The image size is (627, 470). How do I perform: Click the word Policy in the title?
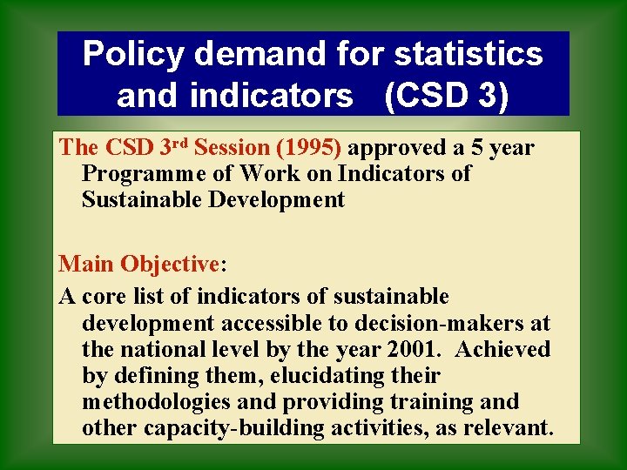[x=133, y=55]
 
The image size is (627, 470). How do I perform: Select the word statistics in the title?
[x=469, y=55]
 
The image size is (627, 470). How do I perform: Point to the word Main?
[x=86, y=264]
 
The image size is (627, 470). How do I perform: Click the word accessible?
[x=266, y=324]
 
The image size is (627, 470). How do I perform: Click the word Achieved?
[x=502, y=350]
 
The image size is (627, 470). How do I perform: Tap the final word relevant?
[x=509, y=429]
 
